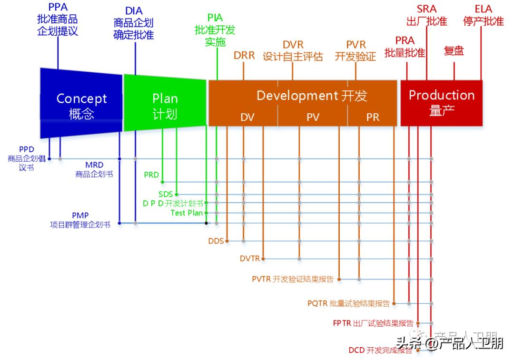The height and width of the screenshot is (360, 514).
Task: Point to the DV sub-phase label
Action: tap(247, 117)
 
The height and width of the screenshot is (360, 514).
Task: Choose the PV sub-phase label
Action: tap(313, 117)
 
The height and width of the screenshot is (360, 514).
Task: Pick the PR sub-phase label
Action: tap(373, 117)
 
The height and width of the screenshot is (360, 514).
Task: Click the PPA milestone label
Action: tap(58, 8)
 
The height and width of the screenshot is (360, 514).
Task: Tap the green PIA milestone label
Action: tap(215, 18)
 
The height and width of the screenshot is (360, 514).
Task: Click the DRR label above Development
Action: tap(244, 56)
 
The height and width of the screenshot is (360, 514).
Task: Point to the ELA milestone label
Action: tap(484, 9)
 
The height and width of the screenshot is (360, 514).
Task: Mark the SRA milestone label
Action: tap(426, 9)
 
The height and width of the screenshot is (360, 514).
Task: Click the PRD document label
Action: tap(151, 175)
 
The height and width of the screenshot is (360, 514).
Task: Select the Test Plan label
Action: tap(187, 213)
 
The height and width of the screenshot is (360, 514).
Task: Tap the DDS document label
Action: tap(216, 241)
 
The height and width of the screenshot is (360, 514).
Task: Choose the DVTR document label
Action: tap(250, 259)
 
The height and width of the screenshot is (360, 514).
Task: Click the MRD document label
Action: tap(94, 165)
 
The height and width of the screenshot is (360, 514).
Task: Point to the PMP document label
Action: tap(80, 215)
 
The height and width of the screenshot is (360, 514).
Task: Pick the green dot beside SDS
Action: tap(177, 194)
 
